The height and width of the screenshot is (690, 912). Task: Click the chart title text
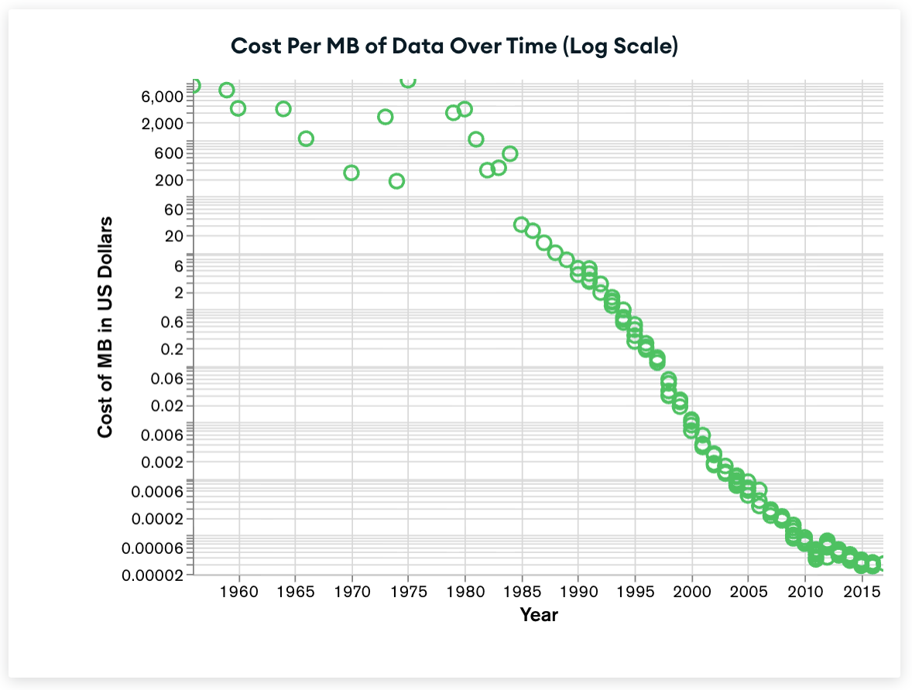(454, 46)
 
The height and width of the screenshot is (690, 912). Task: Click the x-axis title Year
(539, 616)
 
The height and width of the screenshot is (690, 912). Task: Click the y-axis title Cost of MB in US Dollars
(106, 327)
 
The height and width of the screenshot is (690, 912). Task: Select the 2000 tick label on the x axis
(691, 593)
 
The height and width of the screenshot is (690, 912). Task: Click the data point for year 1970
(351, 172)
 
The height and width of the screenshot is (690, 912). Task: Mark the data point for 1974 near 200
(396, 181)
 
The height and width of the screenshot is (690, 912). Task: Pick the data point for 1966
(306, 138)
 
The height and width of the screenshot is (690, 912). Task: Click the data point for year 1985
(521, 224)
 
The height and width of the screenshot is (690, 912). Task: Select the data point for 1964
(283, 108)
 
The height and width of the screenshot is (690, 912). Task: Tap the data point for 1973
(385, 117)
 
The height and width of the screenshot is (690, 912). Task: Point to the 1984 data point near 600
(509, 153)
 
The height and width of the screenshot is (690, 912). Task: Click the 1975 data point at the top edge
(408, 80)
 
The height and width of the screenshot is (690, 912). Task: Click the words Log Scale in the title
(620, 46)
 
